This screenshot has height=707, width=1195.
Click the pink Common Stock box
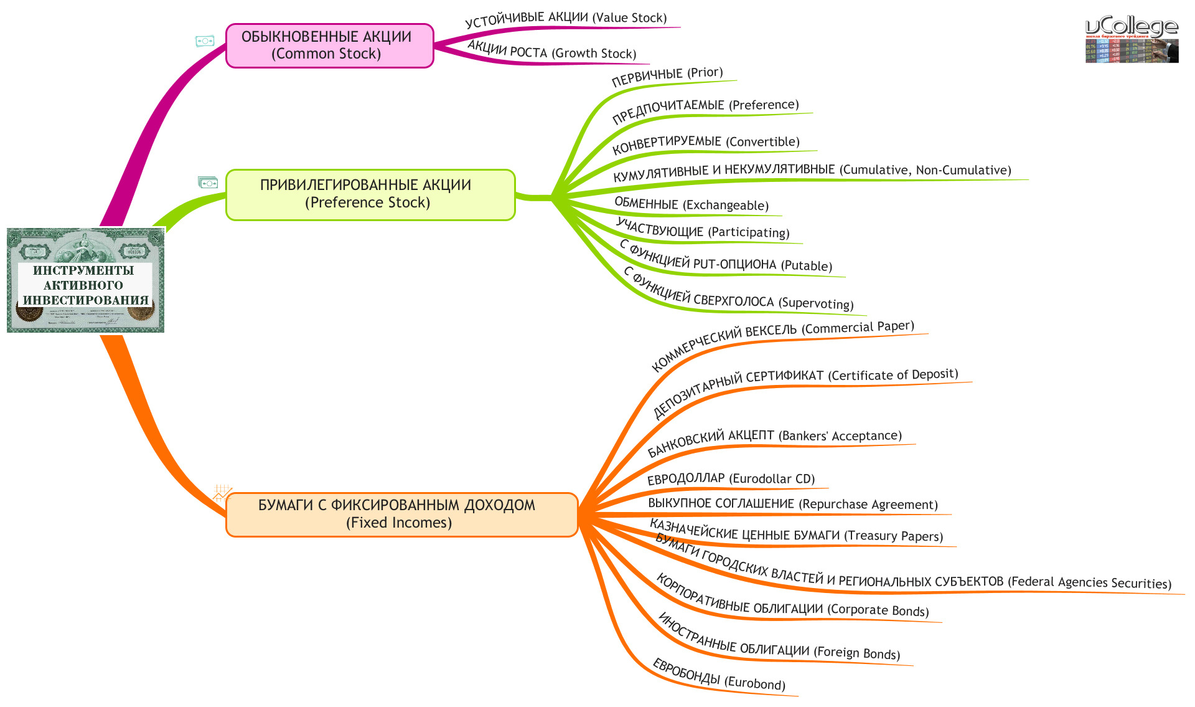point(329,45)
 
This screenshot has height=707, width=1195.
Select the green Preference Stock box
point(370,194)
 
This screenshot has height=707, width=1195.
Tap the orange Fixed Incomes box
point(401,514)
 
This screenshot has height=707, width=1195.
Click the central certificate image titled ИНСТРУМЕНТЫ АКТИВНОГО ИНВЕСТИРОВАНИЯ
point(85,280)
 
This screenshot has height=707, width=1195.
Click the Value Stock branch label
point(566,19)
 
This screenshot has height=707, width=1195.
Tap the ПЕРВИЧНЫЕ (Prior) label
point(667,76)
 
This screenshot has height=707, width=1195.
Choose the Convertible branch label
point(706,144)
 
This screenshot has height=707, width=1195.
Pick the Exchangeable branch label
point(691,204)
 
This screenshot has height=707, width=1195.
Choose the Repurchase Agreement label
point(792,504)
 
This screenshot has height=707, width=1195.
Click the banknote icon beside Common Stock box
point(205,41)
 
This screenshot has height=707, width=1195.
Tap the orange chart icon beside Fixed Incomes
point(222,493)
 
